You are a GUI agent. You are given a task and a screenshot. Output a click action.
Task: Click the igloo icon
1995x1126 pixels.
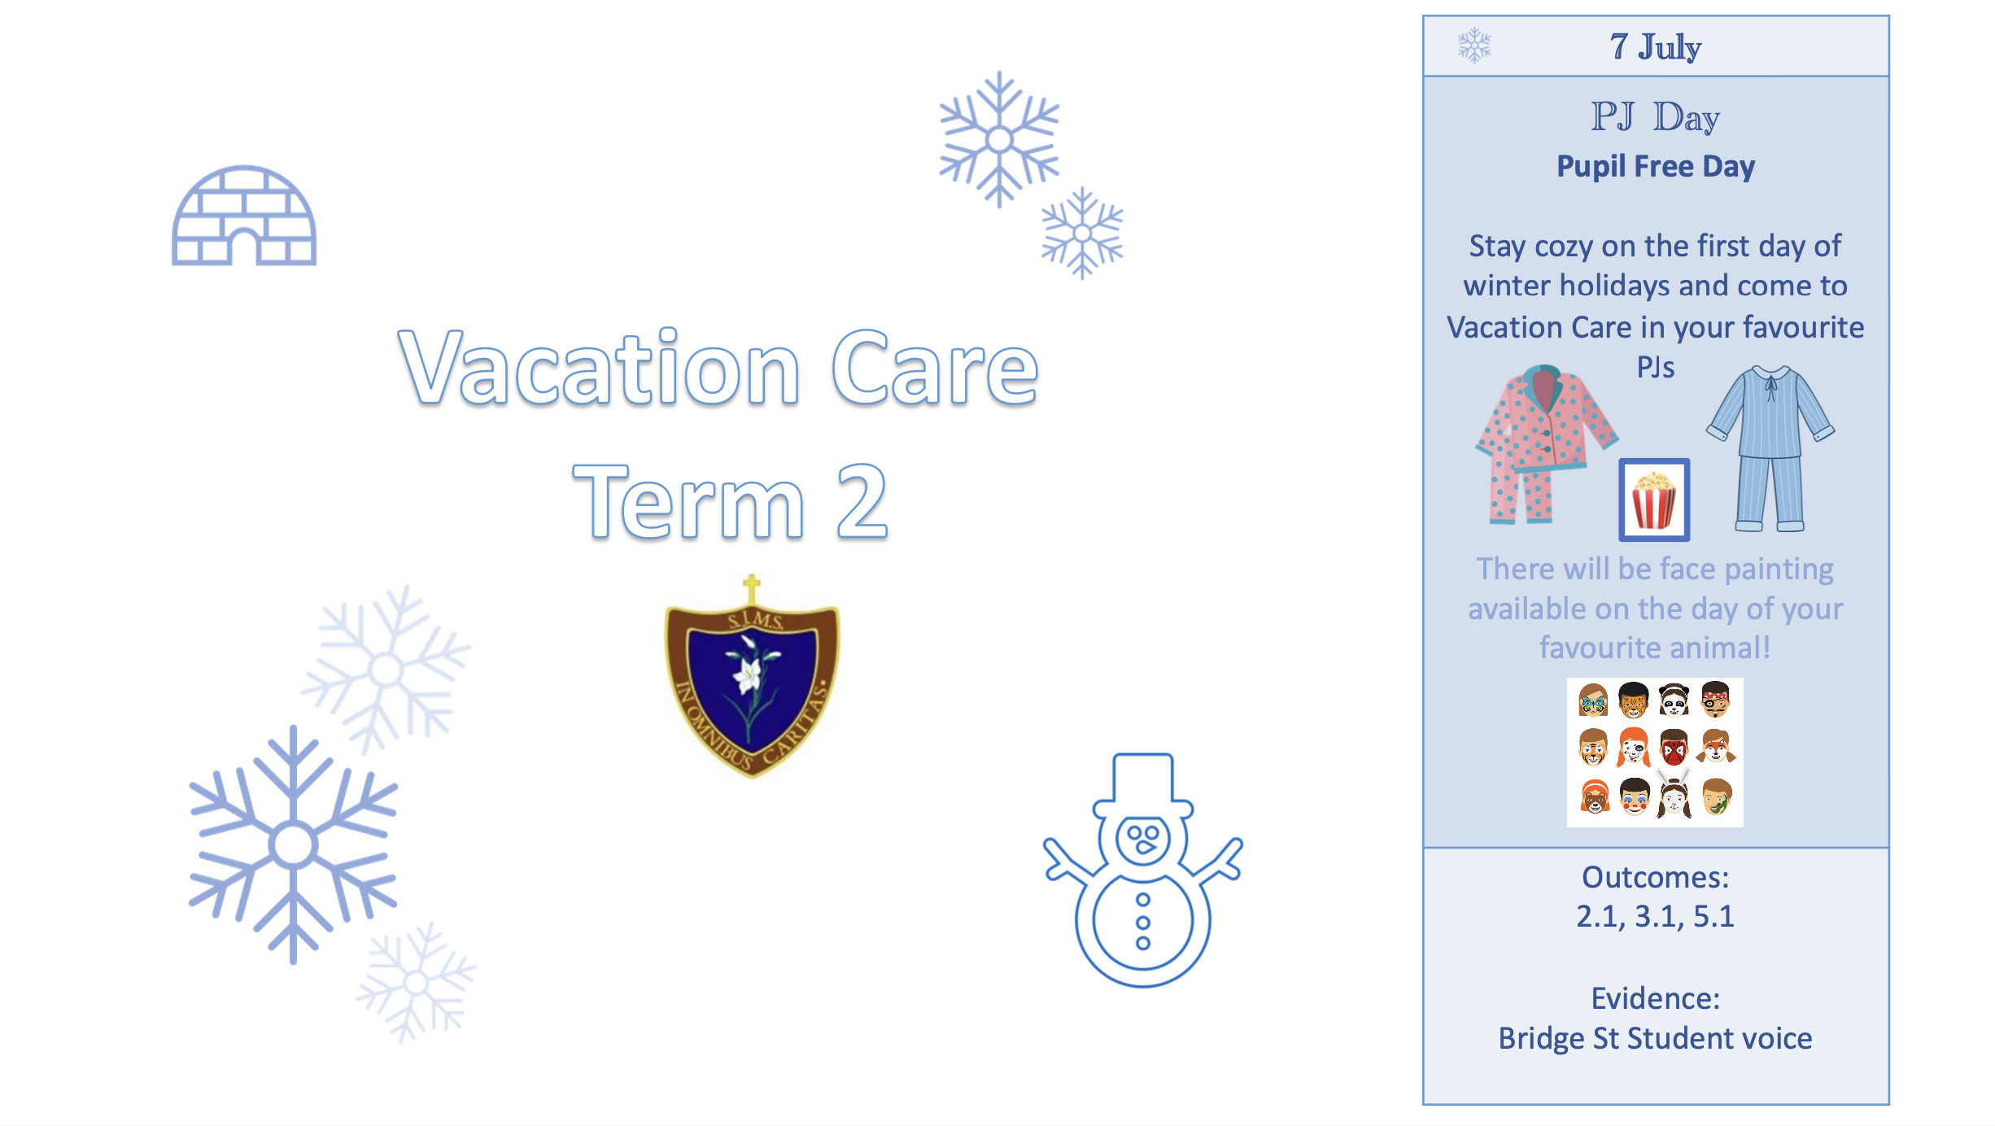tap(244, 216)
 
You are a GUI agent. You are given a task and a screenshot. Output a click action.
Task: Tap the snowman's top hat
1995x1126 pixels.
tap(1143, 785)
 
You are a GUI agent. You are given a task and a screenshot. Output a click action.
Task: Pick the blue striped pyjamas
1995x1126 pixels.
tap(1770, 447)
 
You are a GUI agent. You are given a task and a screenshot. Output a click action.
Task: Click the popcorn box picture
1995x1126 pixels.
tap(1654, 500)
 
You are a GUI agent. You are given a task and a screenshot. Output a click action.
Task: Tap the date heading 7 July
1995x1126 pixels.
tap(1655, 47)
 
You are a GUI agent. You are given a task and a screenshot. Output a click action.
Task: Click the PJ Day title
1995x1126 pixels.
tap(1655, 117)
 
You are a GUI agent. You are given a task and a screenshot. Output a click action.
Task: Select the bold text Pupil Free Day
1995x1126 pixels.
tap(1656, 167)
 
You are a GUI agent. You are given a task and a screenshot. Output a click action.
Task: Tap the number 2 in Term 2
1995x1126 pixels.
tap(862, 501)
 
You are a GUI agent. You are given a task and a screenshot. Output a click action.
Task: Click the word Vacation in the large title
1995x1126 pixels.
tap(600, 368)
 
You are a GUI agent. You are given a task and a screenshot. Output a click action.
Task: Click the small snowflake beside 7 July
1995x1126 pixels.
tap(1474, 46)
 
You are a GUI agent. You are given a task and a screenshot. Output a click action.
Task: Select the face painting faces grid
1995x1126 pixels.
tap(1655, 752)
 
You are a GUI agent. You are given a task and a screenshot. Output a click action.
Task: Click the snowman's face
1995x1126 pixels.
tap(1143, 840)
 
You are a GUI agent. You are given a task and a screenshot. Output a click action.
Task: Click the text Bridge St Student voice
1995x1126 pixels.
tap(1655, 1039)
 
